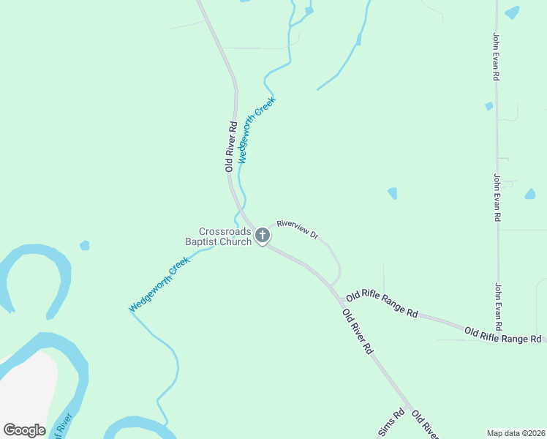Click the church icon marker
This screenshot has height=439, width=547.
coord(263,236)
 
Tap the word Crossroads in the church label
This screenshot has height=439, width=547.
coord(225,231)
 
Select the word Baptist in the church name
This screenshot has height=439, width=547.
coord(207,241)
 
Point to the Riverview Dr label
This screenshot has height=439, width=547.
coord(298,230)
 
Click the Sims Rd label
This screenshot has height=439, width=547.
coord(391,424)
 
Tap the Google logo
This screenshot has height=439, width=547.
coord(24,430)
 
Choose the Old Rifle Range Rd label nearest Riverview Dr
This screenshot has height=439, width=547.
coord(382,303)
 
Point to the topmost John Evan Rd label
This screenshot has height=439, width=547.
coord(496,56)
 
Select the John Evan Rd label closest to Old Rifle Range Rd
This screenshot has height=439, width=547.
coord(499,306)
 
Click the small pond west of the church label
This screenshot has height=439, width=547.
coord(85,245)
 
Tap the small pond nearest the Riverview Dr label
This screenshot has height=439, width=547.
coord(393,193)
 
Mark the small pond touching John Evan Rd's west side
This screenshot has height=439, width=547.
coord(488,106)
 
